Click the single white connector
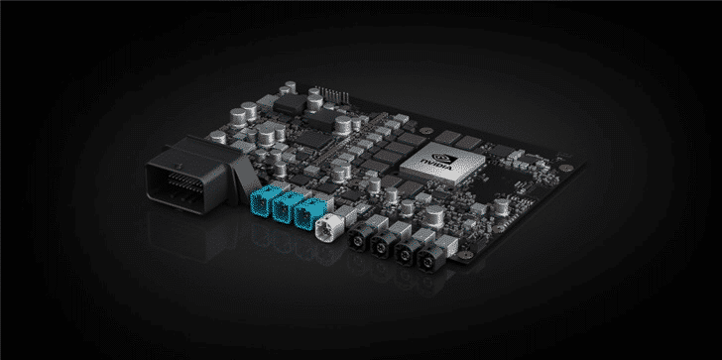coord(328,232)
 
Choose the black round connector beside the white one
coord(357,240)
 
